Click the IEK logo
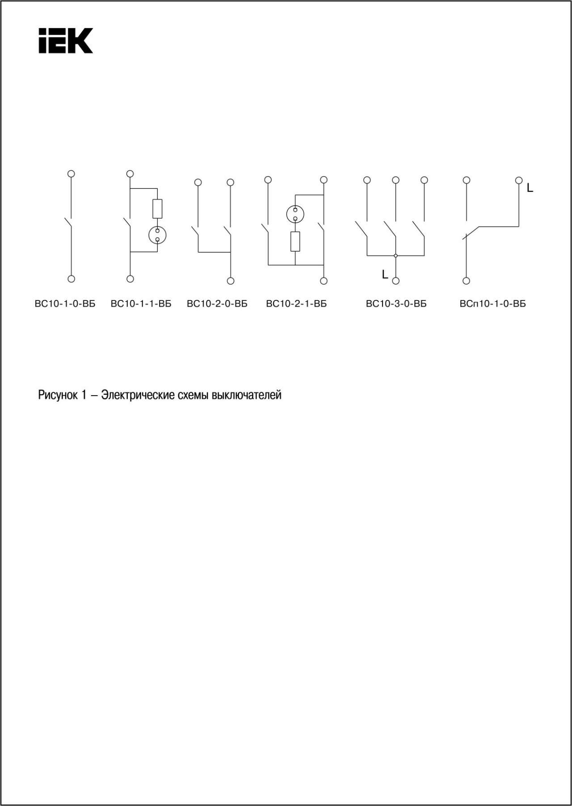point(66,41)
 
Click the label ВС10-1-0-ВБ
point(65,304)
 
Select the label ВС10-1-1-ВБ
point(141,304)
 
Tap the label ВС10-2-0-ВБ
point(217,304)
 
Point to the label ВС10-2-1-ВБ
point(296,304)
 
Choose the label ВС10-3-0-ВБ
point(396,304)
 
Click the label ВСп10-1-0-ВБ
point(493,304)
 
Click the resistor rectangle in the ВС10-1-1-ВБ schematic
point(157,209)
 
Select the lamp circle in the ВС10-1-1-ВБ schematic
point(157,235)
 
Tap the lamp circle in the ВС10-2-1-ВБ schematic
point(295,214)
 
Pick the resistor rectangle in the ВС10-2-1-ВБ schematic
point(295,241)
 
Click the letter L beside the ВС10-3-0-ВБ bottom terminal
point(385,274)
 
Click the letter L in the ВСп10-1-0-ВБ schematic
point(530,188)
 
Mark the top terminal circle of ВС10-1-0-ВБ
point(71,173)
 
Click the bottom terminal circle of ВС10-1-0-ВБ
point(71,279)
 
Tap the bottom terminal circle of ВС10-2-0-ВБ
point(231,281)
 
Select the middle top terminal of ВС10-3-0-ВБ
point(395,180)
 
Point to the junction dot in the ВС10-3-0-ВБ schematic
point(395,256)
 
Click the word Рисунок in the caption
point(58,395)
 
